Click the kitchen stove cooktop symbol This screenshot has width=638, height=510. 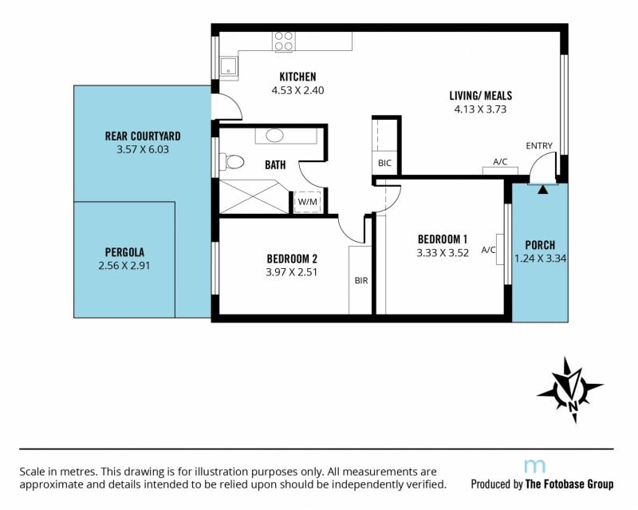click(284, 42)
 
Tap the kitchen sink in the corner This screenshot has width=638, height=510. click(229, 66)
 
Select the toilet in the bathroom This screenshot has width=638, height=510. click(231, 162)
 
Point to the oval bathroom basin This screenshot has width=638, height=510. click(274, 136)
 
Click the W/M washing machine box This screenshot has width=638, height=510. click(308, 202)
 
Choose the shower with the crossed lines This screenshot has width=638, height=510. click(254, 197)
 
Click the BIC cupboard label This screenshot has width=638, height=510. click(384, 164)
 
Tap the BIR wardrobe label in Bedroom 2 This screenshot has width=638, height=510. click(361, 280)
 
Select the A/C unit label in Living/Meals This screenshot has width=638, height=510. click(500, 162)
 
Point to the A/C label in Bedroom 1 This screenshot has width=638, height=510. click(488, 250)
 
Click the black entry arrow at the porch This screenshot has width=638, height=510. click(543, 189)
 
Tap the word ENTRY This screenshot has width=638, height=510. click(539, 145)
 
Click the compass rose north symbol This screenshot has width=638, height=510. click(570, 389)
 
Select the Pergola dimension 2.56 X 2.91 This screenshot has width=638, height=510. click(124, 266)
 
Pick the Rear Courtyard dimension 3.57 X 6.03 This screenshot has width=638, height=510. click(143, 149)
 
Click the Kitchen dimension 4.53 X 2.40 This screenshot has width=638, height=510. click(297, 90)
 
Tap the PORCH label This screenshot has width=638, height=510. click(540, 245)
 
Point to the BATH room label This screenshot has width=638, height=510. click(275, 164)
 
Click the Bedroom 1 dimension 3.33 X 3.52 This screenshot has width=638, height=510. click(443, 252)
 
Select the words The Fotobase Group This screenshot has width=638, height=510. click(569, 484)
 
